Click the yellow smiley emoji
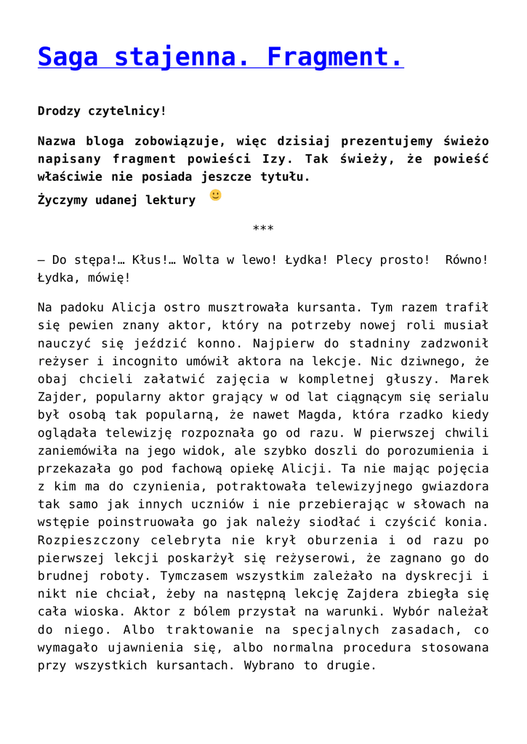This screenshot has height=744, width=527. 215,195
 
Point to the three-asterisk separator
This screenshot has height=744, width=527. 263,230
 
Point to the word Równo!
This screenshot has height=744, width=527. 467,259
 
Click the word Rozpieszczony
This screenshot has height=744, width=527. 87,540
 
